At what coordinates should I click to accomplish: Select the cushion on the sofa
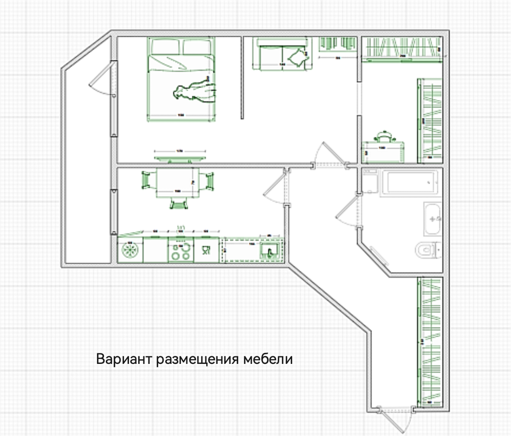point(297,57)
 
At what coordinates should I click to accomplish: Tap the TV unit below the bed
point(180,158)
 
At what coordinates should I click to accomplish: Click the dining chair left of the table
point(146,180)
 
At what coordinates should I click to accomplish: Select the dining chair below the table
point(179,204)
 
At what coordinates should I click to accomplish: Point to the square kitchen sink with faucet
point(269,251)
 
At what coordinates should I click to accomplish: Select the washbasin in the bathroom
point(432,219)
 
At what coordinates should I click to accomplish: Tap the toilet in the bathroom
point(427,250)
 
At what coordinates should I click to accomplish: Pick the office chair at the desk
point(384,137)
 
